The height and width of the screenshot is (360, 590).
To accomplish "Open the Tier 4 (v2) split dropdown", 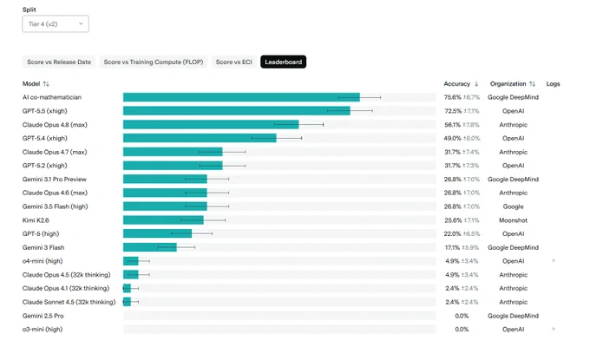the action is pos(56,24).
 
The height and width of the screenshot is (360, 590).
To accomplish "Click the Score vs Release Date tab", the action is pos(59,62).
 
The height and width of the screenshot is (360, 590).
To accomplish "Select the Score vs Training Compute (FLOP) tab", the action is pos(154,62).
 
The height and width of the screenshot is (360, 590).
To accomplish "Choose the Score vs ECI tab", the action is pos(234,62).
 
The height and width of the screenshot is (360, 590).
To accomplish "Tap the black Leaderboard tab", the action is pos(284,62).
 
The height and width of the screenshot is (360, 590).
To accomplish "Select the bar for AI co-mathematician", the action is pos(241,97).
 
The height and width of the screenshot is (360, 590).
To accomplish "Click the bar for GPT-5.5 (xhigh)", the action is pos(236,111).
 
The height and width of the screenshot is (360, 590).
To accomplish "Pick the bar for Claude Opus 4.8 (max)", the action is pos(211,125).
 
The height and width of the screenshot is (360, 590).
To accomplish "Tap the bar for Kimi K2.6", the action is pos(163,220).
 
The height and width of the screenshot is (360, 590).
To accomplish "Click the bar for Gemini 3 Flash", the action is pos(150,247).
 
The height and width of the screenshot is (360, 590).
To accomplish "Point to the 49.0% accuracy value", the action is pos(452,139).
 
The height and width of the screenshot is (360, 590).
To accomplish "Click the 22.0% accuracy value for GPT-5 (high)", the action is pos(452,234).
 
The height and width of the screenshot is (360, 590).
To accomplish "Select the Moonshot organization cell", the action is pos(514,220).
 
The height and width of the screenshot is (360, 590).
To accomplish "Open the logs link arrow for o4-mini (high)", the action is pos(554,261).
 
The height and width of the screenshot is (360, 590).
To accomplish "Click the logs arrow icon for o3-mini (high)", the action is pos(554,329).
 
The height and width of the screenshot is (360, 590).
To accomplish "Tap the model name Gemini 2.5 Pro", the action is pos(43,316).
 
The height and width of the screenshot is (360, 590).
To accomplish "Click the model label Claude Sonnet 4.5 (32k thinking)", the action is pos(69,302).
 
